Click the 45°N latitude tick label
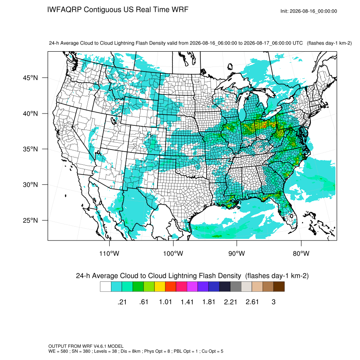coord(30,78)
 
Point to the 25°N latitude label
coord(30,220)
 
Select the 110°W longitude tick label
coord(109,253)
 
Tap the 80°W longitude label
coord(301,253)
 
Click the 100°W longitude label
coord(173,253)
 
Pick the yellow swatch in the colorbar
coord(160,287)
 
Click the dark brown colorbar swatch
coord(279,287)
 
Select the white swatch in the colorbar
coord(105,287)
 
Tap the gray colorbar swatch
coord(235,287)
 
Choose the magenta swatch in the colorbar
coord(192,287)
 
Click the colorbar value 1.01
coord(165,302)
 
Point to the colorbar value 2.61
coord(252,302)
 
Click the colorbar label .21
coord(122,302)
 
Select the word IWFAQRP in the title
coord(64,10)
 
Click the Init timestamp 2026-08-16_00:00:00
coord(313,11)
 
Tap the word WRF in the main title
coord(181,10)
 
